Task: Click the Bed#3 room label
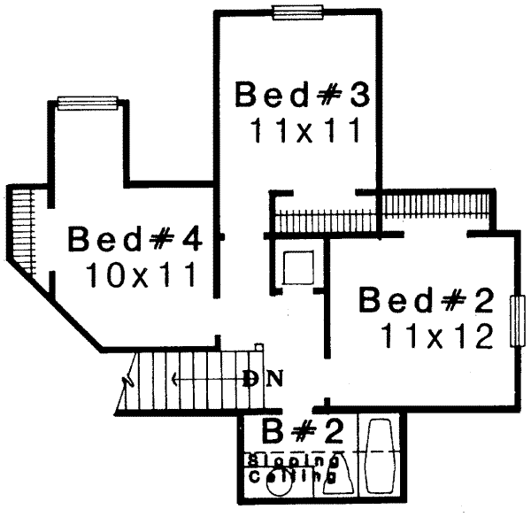[299, 94]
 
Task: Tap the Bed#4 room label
[136, 239]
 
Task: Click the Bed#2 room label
[426, 301]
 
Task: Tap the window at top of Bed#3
[296, 12]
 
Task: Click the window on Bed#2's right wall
[517, 321]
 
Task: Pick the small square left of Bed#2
[296, 267]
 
